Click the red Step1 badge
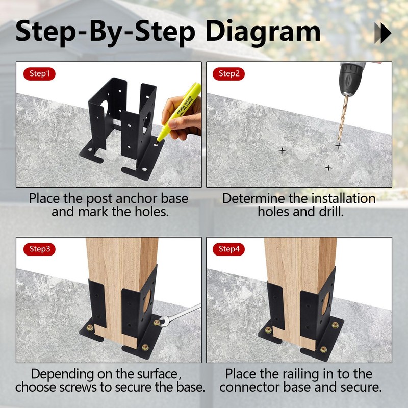39,73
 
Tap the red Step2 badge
228,73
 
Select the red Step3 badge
39,249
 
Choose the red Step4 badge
228,249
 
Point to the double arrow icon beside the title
383,33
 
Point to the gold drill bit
343,118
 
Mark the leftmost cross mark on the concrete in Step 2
282,150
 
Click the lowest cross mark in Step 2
329,168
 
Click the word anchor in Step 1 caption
137,198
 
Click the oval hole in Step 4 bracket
325,303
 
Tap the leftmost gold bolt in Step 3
90,328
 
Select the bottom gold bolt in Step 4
323,349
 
